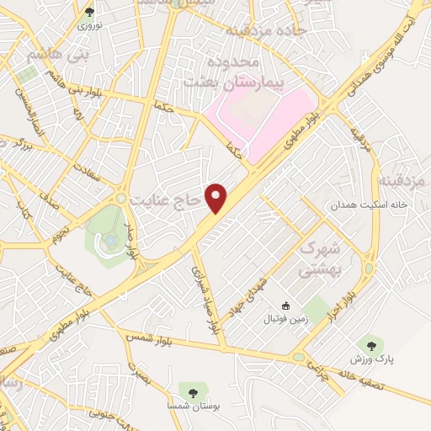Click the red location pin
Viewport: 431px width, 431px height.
coord(218,198)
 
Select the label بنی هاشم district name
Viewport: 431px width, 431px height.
coord(35,56)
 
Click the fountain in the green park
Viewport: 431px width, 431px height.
coord(110,242)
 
